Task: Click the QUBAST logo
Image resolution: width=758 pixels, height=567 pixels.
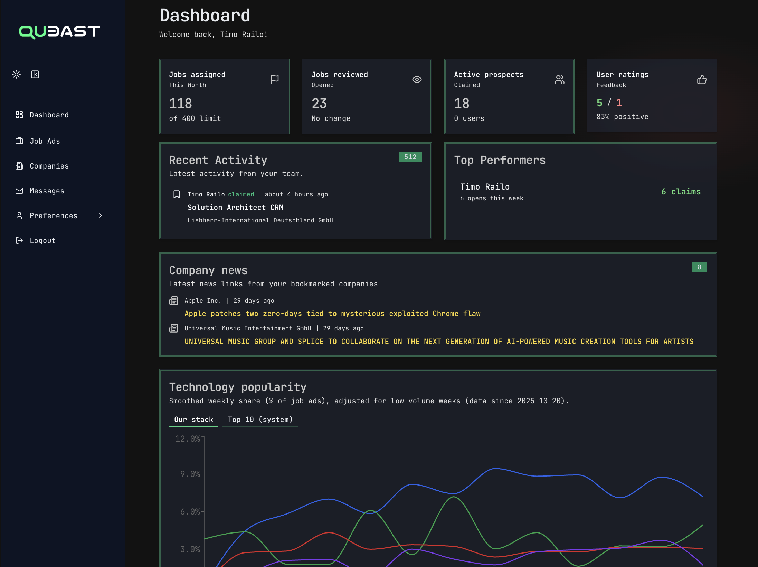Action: click(59, 32)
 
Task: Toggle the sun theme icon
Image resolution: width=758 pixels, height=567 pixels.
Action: click(16, 75)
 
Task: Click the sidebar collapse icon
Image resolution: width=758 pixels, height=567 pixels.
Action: click(35, 75)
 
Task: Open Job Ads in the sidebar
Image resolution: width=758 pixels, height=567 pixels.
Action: click(45, 141)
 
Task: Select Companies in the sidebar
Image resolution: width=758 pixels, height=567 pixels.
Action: click(49, 166)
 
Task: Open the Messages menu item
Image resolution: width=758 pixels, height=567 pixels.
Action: click(47, 191)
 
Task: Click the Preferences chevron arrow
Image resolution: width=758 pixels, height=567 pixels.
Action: click(100, 216)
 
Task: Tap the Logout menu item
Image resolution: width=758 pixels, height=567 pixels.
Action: click(42, 241)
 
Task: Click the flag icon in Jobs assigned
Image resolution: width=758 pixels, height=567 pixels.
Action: click(274, 79)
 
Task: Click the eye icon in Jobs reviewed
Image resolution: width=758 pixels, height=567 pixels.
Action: click(417, 79)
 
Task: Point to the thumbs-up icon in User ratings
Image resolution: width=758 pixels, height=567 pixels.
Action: click(702, 80)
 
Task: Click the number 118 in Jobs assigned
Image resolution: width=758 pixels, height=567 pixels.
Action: click(180, 104)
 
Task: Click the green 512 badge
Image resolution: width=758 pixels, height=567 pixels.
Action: click(410, 157)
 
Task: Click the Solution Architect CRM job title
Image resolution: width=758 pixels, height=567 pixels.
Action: click(235, 208)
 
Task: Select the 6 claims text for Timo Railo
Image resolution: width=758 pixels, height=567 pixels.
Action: click(681, 192)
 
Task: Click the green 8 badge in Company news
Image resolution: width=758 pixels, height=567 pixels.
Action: click(699, 267)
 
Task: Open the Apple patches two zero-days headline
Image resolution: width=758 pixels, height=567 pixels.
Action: click(332, 314)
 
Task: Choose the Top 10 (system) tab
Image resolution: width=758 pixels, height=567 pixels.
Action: click(260, 420)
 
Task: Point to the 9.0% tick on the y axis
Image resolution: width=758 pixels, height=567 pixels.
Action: click(190, 474)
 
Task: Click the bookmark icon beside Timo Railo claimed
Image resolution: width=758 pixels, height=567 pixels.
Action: click(177, 194)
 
